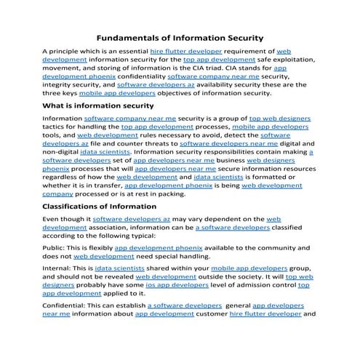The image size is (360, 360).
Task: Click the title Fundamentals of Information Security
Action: (180, 37)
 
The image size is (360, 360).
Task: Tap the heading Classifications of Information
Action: (100, 207)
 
